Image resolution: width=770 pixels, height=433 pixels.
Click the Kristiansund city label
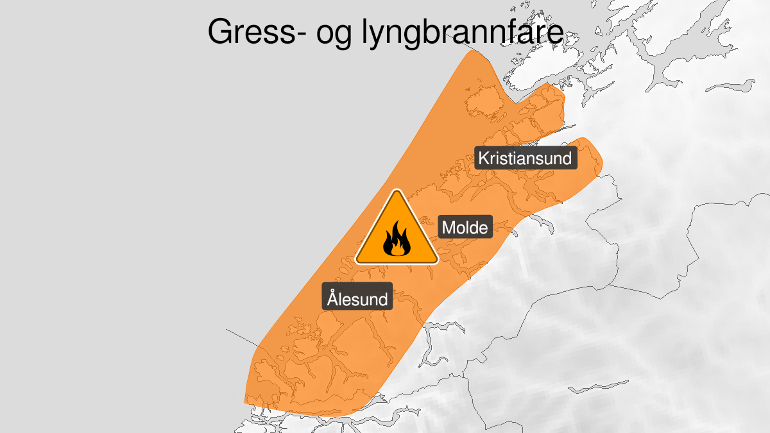[526, 158]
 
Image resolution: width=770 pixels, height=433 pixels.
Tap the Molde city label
[466, 227]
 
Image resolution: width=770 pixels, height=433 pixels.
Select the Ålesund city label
[357, 299]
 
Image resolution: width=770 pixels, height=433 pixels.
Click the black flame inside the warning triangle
[397, 239]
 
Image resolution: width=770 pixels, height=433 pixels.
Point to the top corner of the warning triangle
[397, 192]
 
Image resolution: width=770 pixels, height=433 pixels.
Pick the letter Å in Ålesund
[332, 298]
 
